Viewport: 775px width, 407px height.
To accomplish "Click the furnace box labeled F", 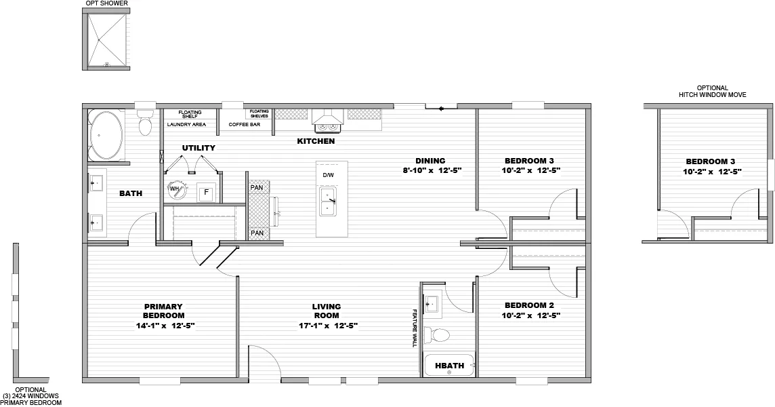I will click(x=206, y=193).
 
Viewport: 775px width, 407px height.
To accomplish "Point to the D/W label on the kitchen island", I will click(x=328, y=176).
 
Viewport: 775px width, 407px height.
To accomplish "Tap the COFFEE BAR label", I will click(x=245, y=125).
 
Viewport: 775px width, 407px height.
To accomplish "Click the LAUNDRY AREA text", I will click(x=186, y=125).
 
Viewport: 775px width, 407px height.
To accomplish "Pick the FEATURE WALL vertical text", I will click(x=414, y=328).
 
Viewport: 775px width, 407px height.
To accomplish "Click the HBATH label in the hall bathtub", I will click(x=449, y=366).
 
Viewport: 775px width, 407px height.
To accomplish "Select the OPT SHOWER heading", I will click(x=106, y=3).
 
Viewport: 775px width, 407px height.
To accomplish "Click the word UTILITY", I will click(x=198, y=148).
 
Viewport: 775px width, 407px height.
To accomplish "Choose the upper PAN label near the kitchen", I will click(x=257, y=187).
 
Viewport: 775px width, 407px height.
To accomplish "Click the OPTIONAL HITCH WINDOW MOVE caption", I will click(x=712, y=92).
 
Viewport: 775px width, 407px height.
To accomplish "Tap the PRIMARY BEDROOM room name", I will click(x=163, y=311).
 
